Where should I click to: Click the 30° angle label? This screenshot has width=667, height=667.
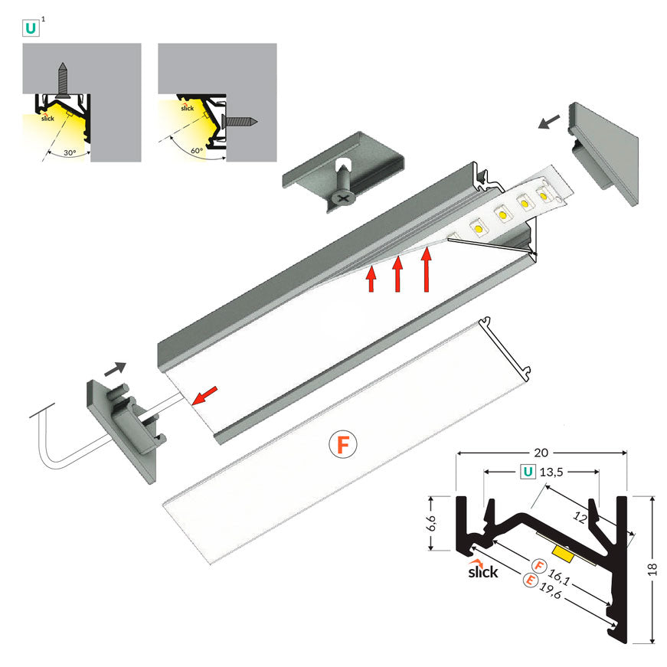point(70,152)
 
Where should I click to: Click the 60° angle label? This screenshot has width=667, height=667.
point(198,150)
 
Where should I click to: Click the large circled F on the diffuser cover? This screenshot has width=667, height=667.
point(342,444)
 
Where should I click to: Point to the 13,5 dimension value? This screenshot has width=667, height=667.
point(553,472)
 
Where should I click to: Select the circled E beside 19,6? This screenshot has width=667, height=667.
point(529,581)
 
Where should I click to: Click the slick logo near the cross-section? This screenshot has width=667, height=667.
point(482,571)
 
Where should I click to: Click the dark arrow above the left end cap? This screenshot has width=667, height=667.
point(116,368)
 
